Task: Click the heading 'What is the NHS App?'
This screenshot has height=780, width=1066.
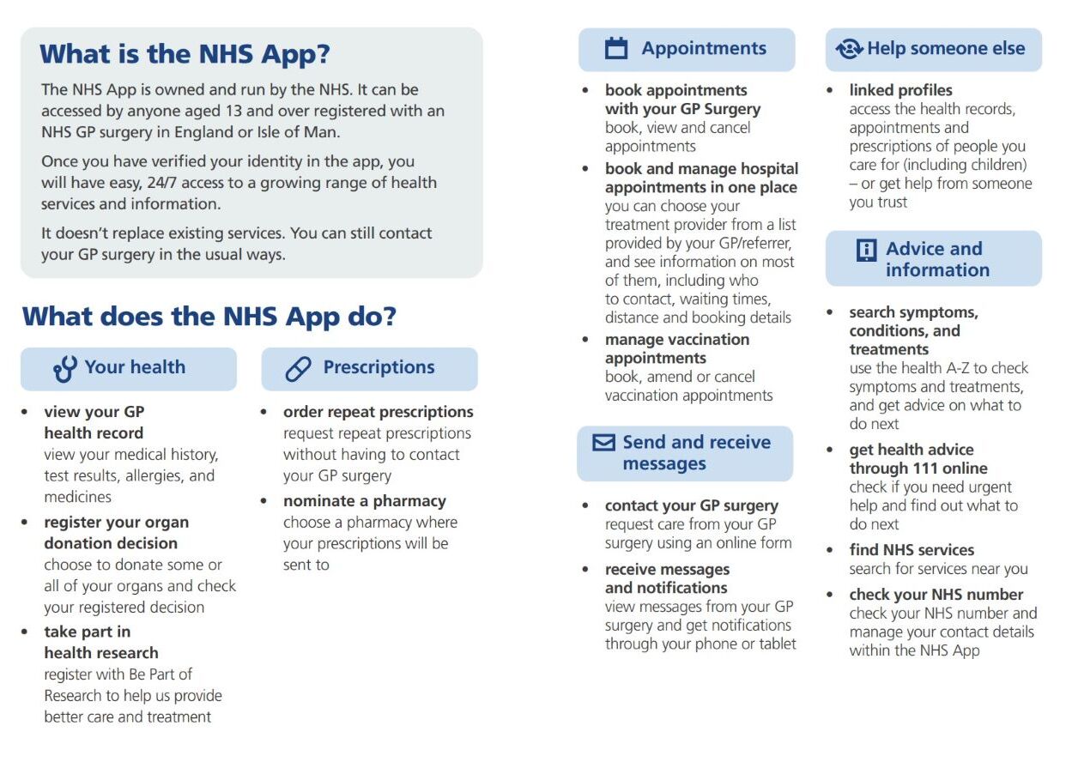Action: [185, 54]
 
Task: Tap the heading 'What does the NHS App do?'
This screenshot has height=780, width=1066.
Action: [209, 317]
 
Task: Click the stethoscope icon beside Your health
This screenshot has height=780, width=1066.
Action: [64, 369]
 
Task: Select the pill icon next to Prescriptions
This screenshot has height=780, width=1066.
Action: [298, 369]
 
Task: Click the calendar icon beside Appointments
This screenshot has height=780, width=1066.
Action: [616, 49]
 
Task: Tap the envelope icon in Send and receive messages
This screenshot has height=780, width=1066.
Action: [604, 443]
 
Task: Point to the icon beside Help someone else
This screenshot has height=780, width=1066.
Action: [849, 49]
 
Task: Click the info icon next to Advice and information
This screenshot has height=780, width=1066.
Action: [867, 250]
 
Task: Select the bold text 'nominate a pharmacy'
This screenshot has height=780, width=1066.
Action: [364, 501]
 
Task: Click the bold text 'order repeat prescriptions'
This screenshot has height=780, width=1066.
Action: [378, 412]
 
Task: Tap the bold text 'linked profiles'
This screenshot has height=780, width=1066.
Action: [900, 90]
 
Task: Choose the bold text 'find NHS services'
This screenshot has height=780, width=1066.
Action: [912, 550]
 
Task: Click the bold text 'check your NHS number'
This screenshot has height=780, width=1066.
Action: [936, 595]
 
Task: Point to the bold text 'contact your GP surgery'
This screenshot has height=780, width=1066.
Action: [691, 505]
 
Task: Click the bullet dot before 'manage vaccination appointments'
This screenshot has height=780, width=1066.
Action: [585, 341]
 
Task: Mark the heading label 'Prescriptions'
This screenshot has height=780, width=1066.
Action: [379, 367]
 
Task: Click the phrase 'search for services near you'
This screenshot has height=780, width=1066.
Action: [938, 569]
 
